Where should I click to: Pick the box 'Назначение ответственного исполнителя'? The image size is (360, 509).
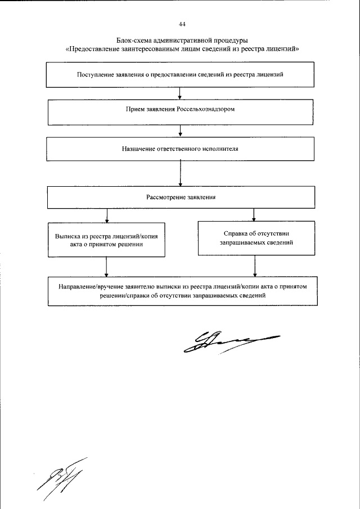(x=180, y=150)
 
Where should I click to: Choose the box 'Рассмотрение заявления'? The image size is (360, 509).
(x=180, y=197)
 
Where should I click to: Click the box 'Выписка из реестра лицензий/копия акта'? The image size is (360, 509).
(x=106, y=241)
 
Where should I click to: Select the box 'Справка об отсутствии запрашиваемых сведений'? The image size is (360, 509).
(x=255, y=239)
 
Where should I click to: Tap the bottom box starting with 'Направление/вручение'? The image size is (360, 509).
(x=182, y=290)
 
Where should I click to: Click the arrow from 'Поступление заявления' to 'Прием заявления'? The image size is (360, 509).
(x=180, y=93)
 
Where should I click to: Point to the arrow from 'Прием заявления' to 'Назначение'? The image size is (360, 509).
(x=180, y=132)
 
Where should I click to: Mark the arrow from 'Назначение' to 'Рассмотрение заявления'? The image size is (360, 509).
(x=180, y=174)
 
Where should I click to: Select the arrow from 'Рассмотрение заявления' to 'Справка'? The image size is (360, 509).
(x=255, y=215)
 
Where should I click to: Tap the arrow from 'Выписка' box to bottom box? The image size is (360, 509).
(x=106, y=267)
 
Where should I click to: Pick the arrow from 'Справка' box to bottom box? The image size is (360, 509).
(x=255, y=265)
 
